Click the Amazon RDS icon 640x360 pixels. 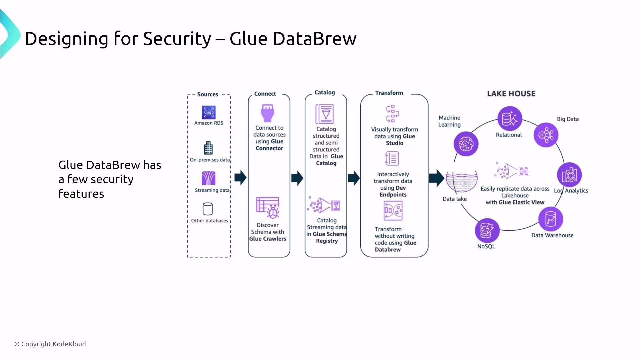209,112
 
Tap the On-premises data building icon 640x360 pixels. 208,148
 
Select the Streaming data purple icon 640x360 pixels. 209,178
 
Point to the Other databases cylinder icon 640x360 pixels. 208,209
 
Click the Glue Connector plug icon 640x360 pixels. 268,113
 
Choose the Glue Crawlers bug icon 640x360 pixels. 268,207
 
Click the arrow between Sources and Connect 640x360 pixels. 240,178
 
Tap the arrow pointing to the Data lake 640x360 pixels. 436,178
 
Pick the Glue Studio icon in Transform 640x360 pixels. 393,114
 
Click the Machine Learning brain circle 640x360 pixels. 466,144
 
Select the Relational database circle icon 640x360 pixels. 510,119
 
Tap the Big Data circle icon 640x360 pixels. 546,135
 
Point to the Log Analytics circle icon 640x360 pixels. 569,175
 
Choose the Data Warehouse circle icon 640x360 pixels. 551,219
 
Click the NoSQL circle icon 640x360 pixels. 487,230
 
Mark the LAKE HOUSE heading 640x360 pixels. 511,94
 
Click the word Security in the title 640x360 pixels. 177,39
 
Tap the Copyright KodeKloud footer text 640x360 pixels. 50,344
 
